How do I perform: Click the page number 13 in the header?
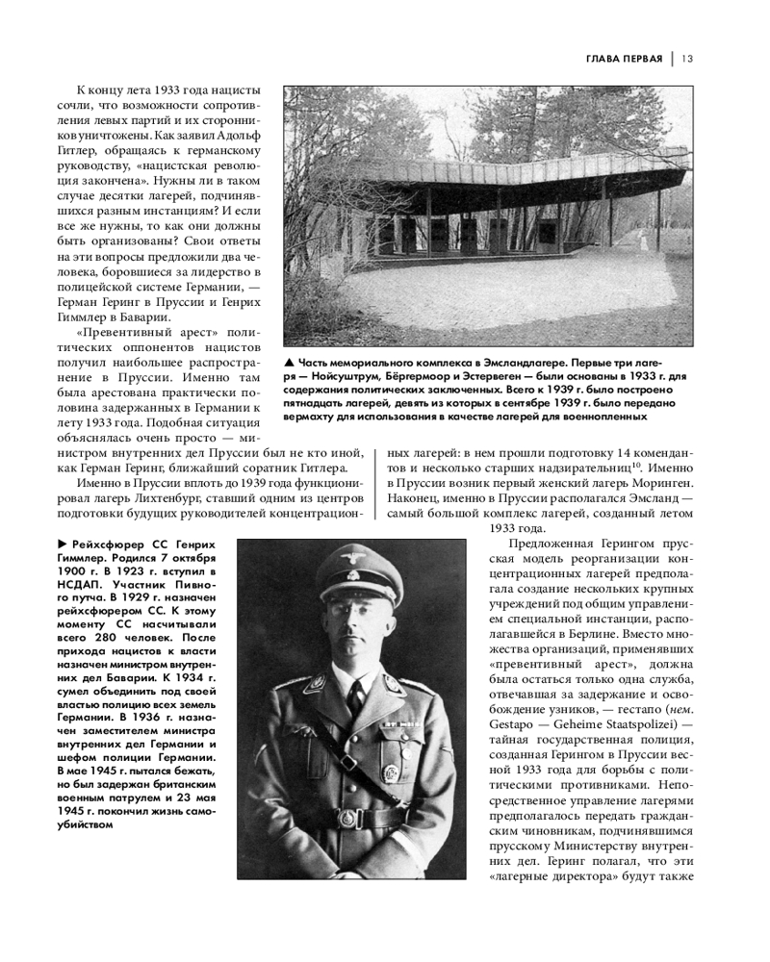[687, 59]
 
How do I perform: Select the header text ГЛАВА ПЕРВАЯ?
[624, 59]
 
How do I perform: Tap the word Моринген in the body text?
[659, 485]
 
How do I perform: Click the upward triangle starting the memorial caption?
[289, 363]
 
